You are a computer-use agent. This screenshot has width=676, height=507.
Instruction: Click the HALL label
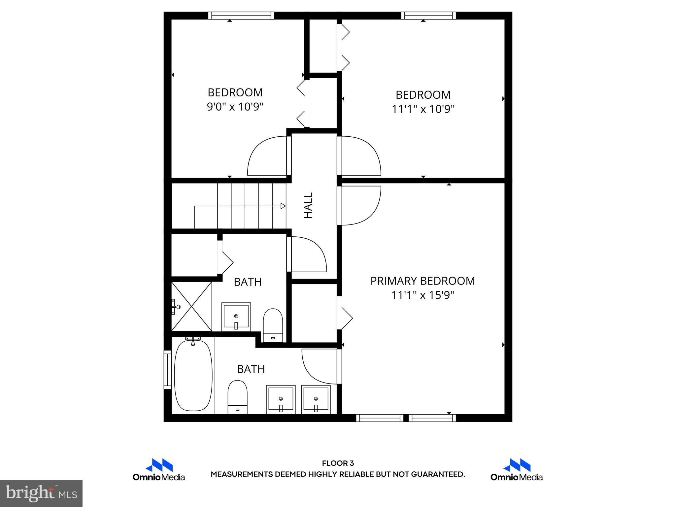point(308,205)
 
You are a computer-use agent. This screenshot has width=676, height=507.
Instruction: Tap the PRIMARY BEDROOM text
point(422,281)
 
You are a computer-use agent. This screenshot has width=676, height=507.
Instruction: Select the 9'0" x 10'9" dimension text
point(235,107)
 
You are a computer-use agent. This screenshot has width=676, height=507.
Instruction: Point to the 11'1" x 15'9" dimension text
point(422,295)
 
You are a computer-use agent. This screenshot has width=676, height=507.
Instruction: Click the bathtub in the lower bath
point(193,375)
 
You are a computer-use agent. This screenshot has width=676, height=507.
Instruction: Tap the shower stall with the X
point(192,306)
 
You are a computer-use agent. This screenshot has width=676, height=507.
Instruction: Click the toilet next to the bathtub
point(237,397)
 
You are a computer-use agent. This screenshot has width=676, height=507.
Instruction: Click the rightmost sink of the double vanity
point(316,399)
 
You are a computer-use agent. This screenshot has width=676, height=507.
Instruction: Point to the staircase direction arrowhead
point(283,206)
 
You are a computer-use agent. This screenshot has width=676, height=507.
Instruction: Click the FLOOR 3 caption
point(338,463)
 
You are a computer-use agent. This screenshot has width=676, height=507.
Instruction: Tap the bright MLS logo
point(41,493)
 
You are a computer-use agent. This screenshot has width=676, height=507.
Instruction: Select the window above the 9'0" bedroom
point(241,16)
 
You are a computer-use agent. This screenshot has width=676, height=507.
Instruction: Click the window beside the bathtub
point(168,370)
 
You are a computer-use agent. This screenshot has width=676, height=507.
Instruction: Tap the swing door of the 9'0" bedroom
point(267,156)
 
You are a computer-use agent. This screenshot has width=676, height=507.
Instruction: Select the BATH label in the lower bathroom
point(251,369)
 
